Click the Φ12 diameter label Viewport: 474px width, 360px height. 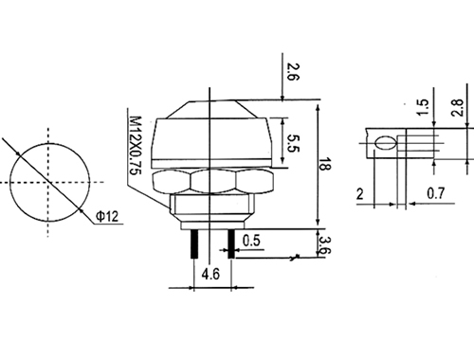point(107,216)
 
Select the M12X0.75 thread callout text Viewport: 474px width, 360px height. point(136,145)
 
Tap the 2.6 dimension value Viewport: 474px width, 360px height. point(293,72)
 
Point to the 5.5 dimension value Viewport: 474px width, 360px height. point(293,143)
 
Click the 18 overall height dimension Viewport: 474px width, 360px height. point(325,163)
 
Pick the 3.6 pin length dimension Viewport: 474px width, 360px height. point(325,245)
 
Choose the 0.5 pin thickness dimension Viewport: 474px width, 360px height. point(251,241)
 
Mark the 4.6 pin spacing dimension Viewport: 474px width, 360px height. point(210,274)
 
